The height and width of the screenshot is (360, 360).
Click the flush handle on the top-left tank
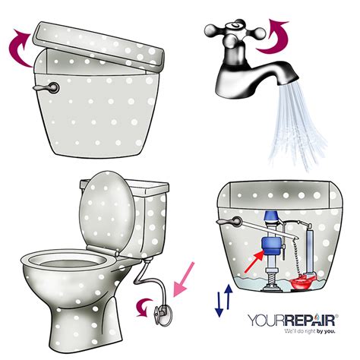point(39,88)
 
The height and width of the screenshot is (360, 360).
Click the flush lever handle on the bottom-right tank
point(223,219)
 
